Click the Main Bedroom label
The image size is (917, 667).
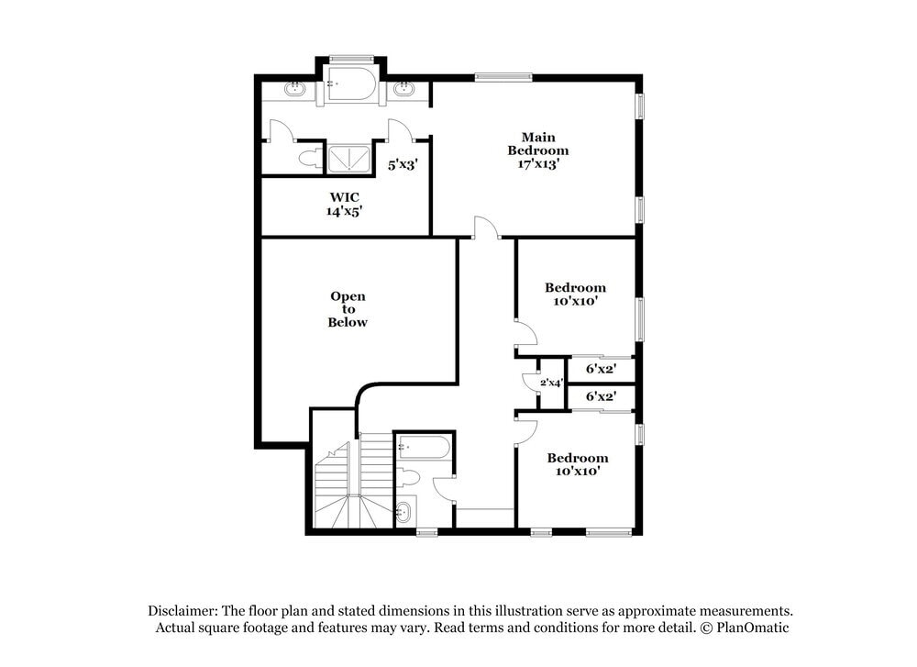[x=538, y=143]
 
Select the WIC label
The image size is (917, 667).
[x=344, y=197]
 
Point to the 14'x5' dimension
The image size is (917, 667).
[x=344, y=211]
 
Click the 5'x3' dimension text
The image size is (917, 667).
[x=403, y=165]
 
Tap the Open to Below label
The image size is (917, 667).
[x=348, y=309]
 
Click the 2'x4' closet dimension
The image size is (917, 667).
[x=550, y=383]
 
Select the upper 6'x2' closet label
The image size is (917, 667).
[x=600, y=369]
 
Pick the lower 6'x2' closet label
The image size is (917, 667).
[x=600, y=396]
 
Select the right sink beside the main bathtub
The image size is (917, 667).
[x=404, y=90]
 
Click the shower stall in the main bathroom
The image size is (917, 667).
[x=349, y=159]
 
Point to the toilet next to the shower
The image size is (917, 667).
[x=310, y=158]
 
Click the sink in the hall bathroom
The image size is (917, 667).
[x=404, y=513]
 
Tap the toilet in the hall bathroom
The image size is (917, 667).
[x=408, y=477]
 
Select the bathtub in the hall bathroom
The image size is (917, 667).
[x=423, y=449]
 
